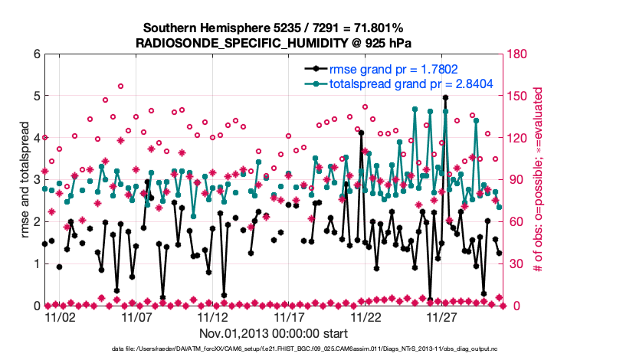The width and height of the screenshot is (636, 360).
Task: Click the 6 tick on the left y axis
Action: tap(36, 54)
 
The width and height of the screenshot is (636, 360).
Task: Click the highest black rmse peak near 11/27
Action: tap(445, 97)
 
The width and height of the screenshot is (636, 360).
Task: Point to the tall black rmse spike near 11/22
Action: tap(361, 133)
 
